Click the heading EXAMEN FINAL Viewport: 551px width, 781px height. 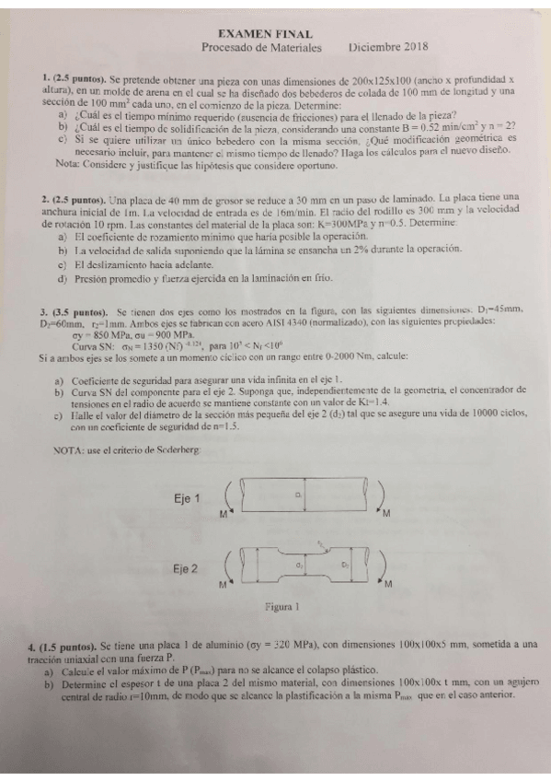point(275,30)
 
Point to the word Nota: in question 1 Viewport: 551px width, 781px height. point(69,164)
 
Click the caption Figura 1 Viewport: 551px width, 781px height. point(284,608)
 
